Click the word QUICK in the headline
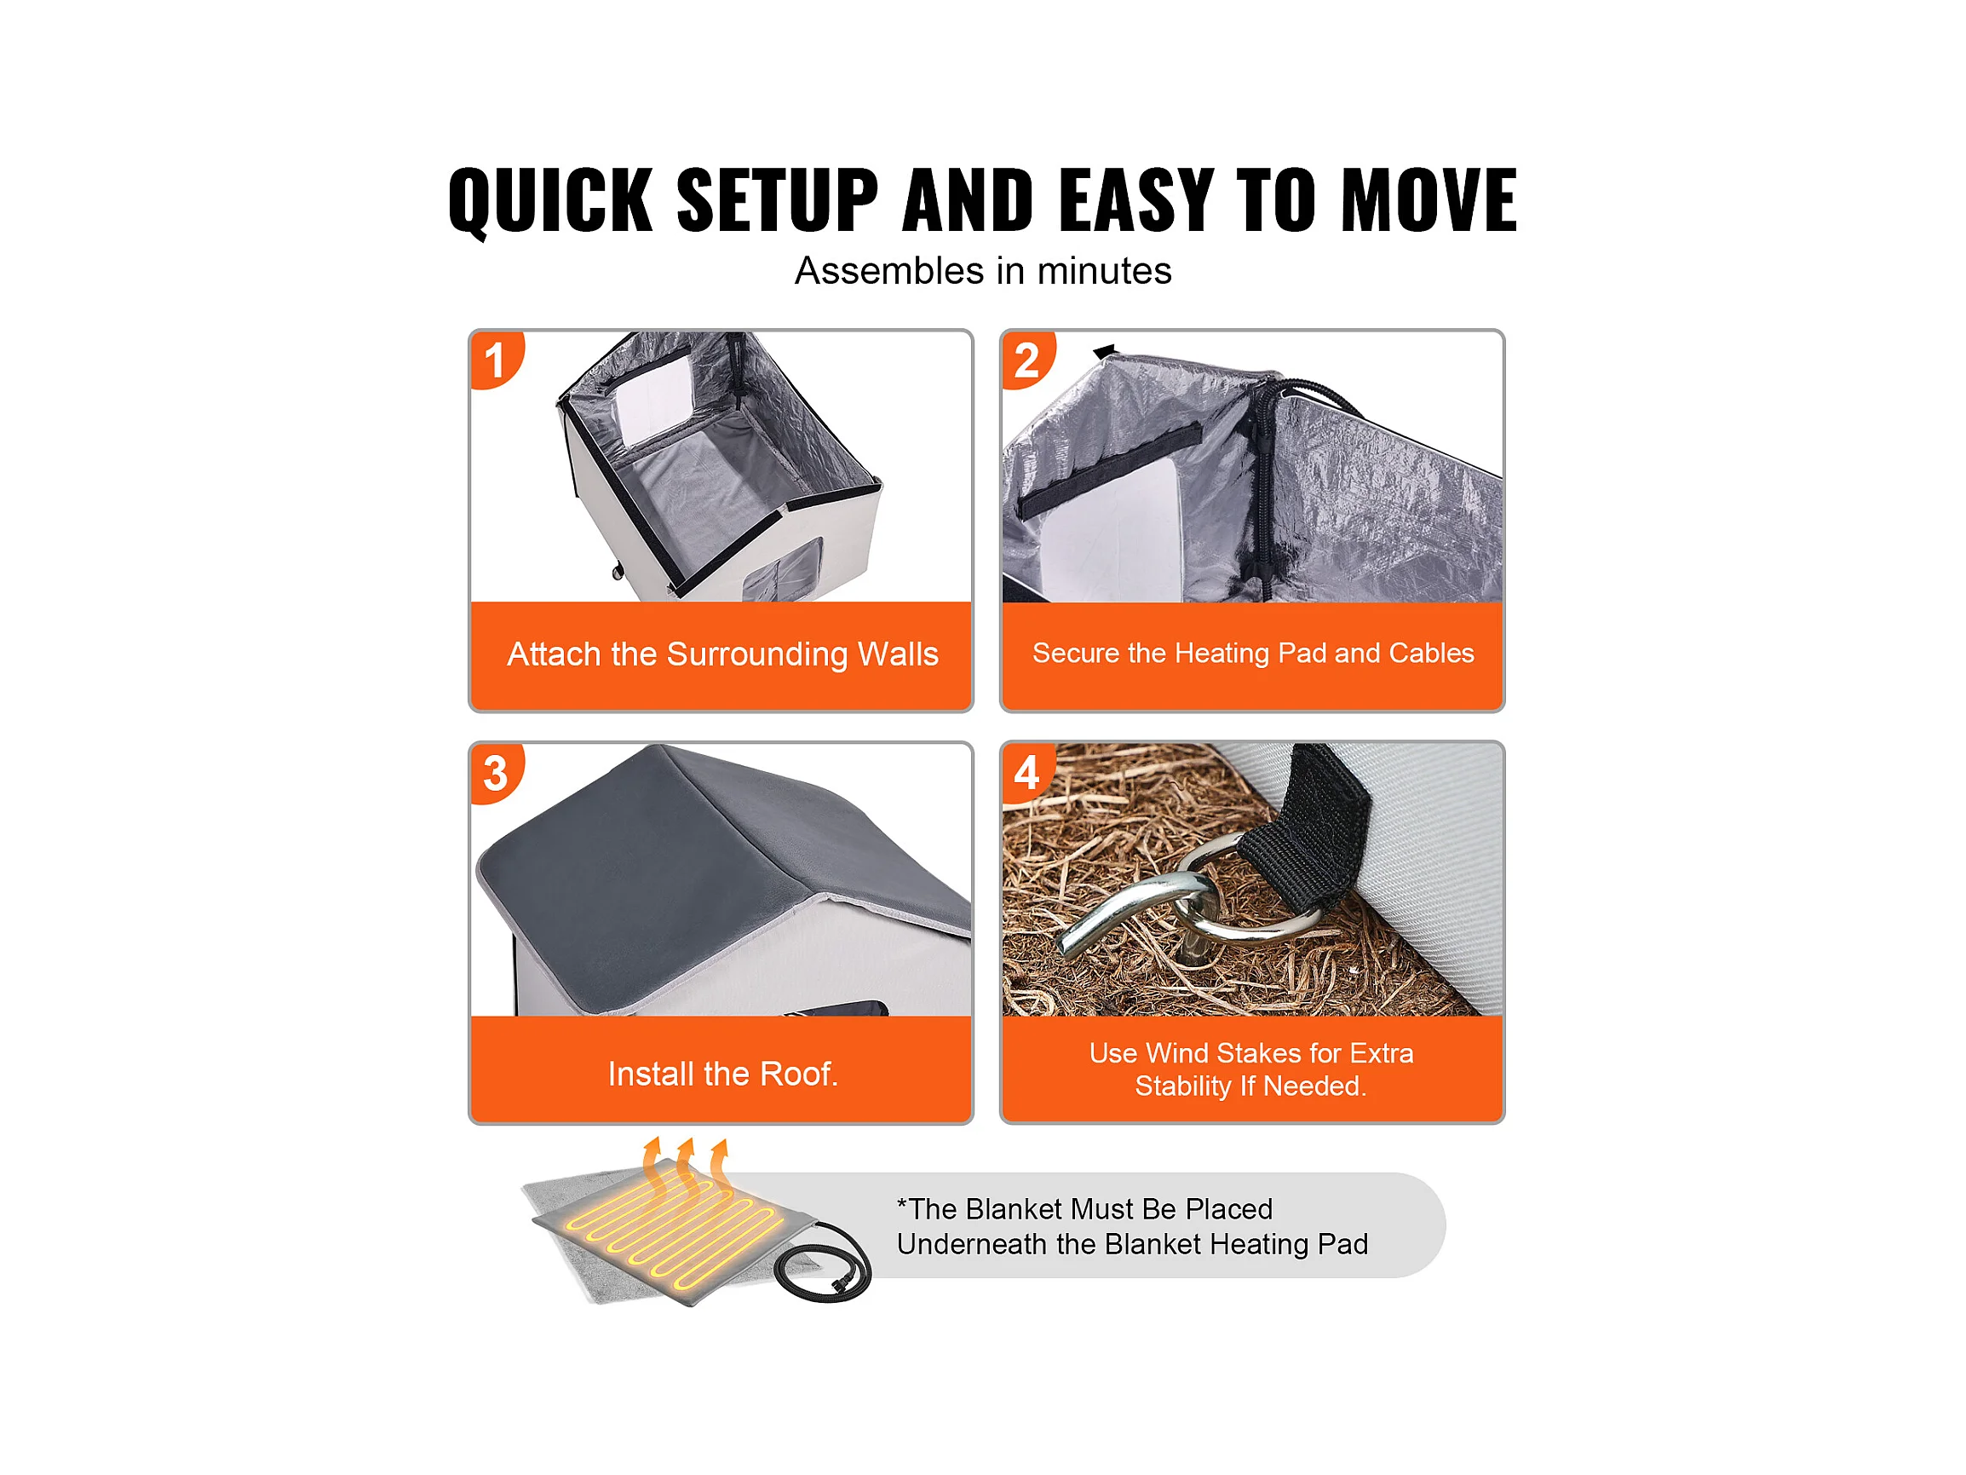550,202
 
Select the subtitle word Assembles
888,270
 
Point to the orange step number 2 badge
1027,360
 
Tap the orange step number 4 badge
1027,772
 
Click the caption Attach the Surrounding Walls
722,654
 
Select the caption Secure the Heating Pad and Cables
1253,654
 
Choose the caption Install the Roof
722,1074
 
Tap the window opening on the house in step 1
653,405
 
